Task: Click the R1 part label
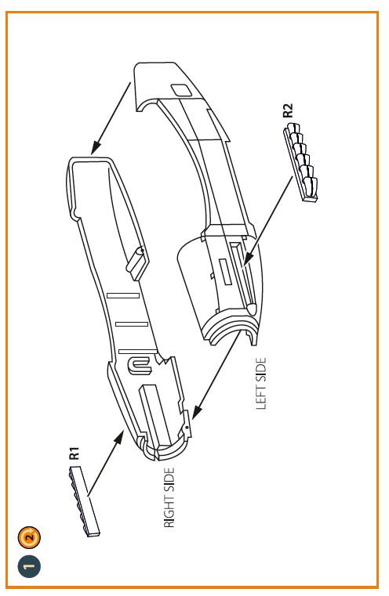pyautogui.click(x=75, y=453)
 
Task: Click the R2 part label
pyautogui.click(x=288, y=110)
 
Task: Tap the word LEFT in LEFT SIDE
pyautogui.click(x=260, y=398)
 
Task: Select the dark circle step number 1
pyautogui.click(x=29, y=566)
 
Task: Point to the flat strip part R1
pyautogui.click(x=84, y=501)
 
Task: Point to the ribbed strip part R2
pyautogui.click(x=300, y=162)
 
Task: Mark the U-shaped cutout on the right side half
pyautogui.click(x=140, y=366)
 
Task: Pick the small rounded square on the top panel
pyautogui.click(x=181, y=91)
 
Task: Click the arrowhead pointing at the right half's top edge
pyautogui.click(x=96, y=148)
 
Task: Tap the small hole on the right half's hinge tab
pyautogui.click(x=187, y=428)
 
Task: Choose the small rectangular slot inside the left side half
pyautogui.click(x=224, y=272)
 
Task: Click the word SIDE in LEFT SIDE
pyautogui.click(x=260, y=370)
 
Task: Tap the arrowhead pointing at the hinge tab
pyautogui.click(x=196, y=412)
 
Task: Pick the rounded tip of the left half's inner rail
pyautogui.click(x=252, y=309)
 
